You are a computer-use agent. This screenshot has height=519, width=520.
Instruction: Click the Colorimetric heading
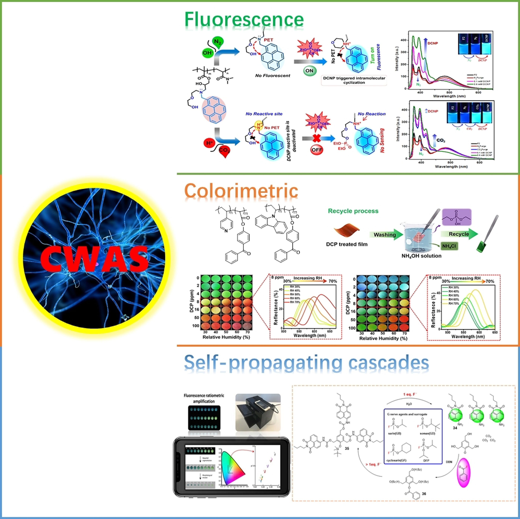click(x=241, y=191)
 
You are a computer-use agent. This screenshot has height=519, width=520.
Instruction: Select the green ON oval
click(x=309, y=71)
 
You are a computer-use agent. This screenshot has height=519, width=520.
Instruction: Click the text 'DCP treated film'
click(x=347, y=244)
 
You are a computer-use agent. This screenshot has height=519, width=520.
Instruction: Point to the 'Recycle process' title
click(x=353, y=211)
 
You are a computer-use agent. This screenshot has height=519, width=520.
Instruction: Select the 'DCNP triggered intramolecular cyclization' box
click(x=354, y=80)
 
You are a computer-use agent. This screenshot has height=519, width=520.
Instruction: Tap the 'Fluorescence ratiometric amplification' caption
click(x=204, y=398)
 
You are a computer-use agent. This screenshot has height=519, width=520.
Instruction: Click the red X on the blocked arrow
click(x=316, y=139)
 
